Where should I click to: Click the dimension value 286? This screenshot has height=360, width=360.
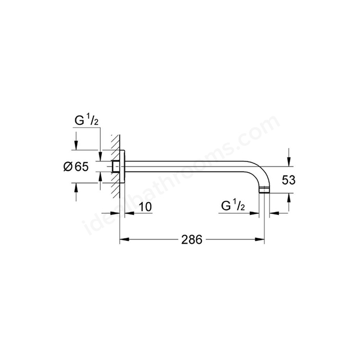coord(192,239)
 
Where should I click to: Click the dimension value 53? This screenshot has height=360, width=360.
coord(289,180)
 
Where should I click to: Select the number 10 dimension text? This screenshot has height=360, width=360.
coord(145,207)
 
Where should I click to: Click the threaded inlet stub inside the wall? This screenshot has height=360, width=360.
coord(116,166)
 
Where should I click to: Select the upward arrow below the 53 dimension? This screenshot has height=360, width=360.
coord(289,198)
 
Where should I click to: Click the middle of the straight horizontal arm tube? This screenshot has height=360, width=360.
coord(191,166)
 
